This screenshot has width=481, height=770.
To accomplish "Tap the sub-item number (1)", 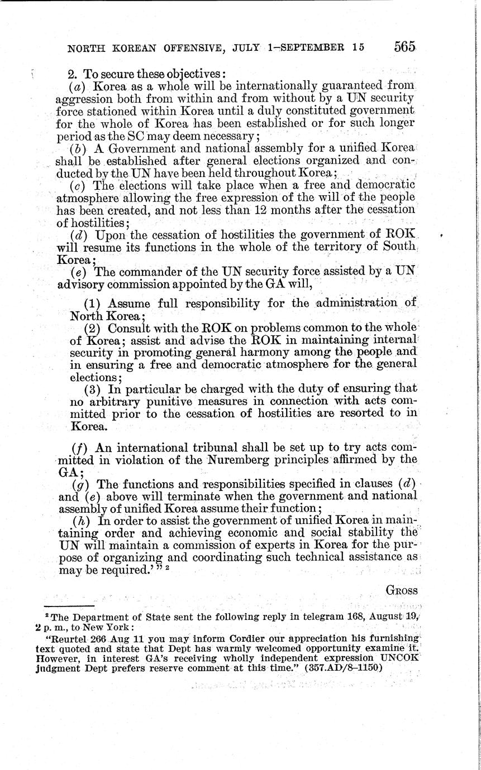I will (x=93, y=304).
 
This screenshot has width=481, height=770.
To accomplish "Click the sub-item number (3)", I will (x=93, y=389).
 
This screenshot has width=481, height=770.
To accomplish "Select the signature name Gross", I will (x=402, y=589).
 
